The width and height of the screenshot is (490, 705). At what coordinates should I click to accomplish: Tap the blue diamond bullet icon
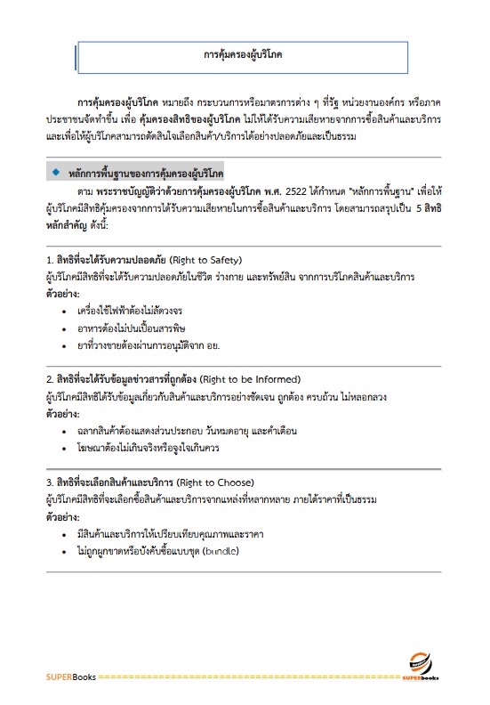[56, 169]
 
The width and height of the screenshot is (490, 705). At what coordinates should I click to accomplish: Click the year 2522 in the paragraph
[307, 190]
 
